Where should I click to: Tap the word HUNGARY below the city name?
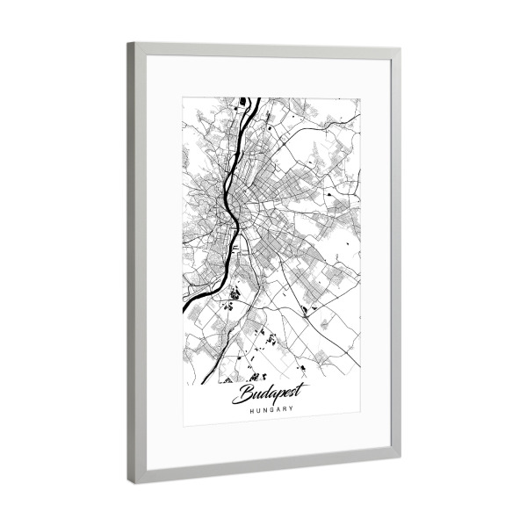click(x=271, y=409)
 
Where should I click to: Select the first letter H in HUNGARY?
click(x=252, y=409)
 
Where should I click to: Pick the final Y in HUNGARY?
click(x=292, y=409)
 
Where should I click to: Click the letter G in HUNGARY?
click(x=271, y=409)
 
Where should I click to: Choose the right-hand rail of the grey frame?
click(x=394, y=255)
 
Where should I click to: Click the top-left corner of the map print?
click(x=183, y=97)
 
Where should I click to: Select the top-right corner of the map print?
click(x=359, y=98)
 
